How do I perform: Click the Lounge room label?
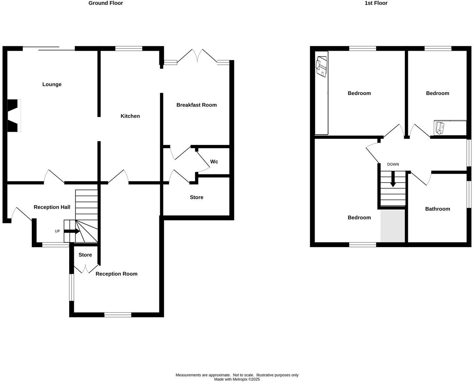click(x=52, y=84)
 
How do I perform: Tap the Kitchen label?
click(x=130, y=116)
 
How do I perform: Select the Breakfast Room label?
click(x=196, y=105)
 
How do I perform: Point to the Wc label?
click(x=214, y=162)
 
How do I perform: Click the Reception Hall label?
click(x=52, y=207)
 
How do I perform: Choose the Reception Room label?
click(x=116, y=274)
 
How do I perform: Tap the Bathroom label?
click(x=437, y=209)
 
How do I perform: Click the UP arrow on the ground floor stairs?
click(x=72, y=231)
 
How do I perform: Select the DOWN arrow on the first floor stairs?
click(x=393, y=179)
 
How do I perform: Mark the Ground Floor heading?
click(x=106, y=3)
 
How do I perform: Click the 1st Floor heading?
click(x=376, y=3)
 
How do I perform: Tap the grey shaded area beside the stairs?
click(x=393, y=226)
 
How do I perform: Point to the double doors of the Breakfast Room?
click(x=197, y=55)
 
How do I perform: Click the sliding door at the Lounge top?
click(x=49, y=49)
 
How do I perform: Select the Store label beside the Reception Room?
click(x=85, y=255)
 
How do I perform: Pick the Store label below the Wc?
click(x=196, y=197)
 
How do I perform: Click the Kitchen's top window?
click(x=129, y=49)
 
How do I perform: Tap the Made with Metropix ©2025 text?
click(x=237, y=379)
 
